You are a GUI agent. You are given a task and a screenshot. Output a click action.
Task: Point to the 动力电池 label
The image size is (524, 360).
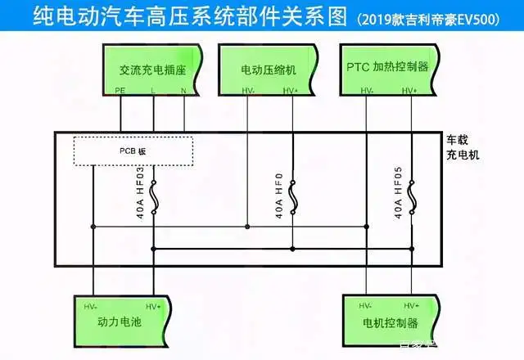pos(120,324)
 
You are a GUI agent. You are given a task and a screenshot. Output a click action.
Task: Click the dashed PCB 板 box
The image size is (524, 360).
pos(133,151)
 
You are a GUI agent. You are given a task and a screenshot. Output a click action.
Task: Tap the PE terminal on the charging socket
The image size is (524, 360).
pos(120,89)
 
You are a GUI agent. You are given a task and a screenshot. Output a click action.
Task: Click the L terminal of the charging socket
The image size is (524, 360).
pos(153,89)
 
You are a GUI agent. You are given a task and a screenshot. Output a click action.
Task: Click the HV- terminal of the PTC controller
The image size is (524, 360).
pos(366,89)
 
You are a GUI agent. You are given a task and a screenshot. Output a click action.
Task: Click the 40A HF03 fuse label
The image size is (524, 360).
pos(138,192)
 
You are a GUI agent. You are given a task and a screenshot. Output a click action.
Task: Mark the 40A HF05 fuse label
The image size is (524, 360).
pos(398,192)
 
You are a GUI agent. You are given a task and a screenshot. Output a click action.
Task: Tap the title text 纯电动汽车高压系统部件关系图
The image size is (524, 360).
pos(176,17)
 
